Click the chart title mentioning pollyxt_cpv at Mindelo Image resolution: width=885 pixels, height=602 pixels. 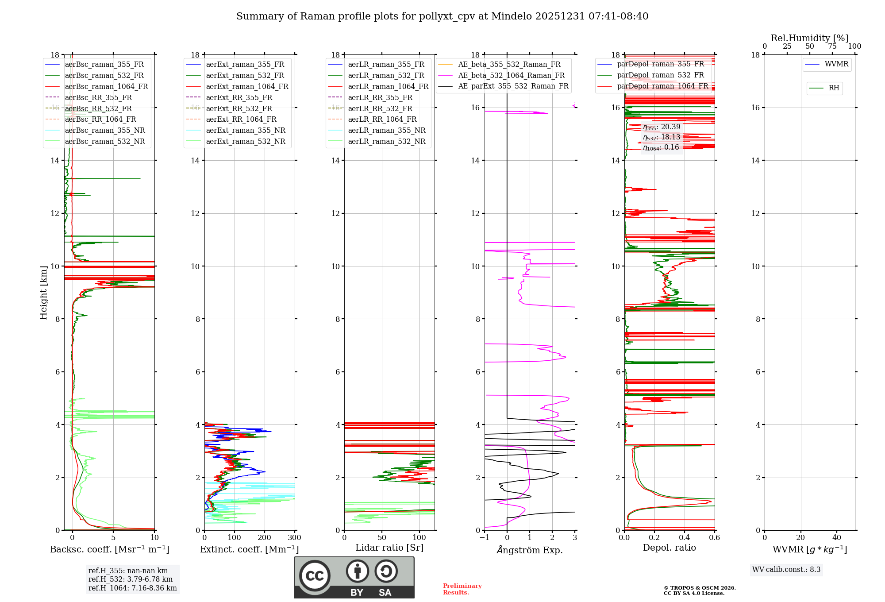pos(442,16)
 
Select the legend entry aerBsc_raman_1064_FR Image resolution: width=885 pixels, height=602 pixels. pos(106,86)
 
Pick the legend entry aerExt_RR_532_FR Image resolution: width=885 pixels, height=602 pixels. pos(239,108)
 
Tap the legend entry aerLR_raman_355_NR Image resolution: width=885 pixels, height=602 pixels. pos(386,130)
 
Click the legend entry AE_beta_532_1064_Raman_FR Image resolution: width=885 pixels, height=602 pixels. pos(511,75)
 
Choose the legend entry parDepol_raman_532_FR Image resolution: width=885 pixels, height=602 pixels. pos(660,75)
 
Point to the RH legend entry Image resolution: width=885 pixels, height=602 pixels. pos(834,88)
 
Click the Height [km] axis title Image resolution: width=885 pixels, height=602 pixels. pos(43,292)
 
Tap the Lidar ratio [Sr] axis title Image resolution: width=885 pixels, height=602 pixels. pos(389,548)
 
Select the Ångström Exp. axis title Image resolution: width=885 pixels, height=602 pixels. pos(530,550)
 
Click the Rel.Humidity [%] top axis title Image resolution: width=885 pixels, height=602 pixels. pos(809,38)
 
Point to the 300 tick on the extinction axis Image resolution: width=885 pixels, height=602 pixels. pos(294,538)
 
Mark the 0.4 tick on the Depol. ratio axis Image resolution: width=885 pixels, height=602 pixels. pos(685,538)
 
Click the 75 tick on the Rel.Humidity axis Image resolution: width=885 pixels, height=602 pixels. pos(832,46)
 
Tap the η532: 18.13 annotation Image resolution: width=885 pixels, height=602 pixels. pos(662,137)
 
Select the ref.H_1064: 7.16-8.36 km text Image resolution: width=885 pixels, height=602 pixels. pos(132,588)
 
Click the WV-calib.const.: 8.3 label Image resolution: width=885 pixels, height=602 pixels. pos(786,569)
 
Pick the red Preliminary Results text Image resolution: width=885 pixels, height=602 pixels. pos(462,589)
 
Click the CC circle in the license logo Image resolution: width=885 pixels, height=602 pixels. pos(315,576)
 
